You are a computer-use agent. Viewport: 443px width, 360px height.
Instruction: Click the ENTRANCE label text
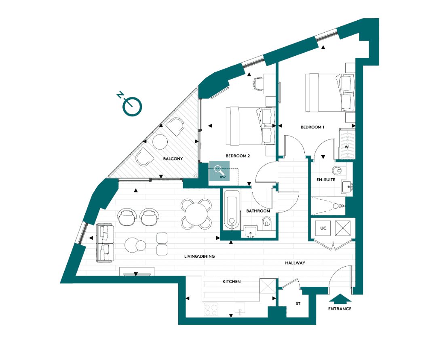[x=340, y=309]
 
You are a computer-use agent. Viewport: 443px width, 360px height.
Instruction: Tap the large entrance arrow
[x=340, y=299]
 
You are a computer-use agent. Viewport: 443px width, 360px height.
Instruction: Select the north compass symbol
[x=131, y=105]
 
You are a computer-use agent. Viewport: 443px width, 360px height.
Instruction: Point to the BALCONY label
[x=173, y=159]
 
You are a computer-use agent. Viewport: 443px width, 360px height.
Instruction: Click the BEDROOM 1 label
[x=312, y=127]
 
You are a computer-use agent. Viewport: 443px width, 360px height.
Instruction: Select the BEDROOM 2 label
[x=238, y=156]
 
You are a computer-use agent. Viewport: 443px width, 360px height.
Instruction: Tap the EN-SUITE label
[x=326, y=179]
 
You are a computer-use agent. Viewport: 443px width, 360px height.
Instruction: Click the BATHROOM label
[x=258, y=211]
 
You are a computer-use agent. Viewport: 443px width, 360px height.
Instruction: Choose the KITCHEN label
[x=232, y=282]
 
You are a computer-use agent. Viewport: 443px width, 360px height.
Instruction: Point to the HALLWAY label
[x=295, y=263]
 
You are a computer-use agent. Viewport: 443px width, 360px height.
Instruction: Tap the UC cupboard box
[x=323, y=228]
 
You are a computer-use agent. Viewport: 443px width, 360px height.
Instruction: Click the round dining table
[x=196, y=213]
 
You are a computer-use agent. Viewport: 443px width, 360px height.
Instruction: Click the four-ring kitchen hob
[x=211, y=309]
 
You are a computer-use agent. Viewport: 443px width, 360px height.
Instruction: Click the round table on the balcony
[x=160, y=141]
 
